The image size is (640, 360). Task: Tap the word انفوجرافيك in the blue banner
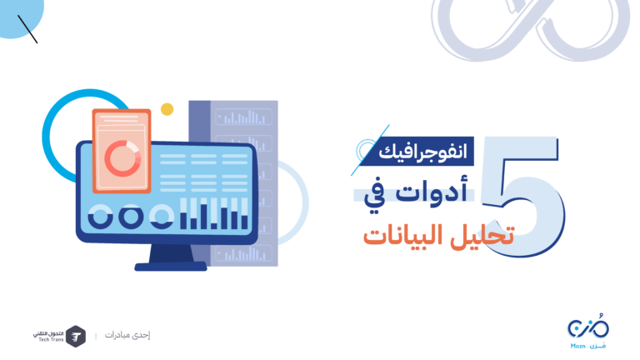(422, 152)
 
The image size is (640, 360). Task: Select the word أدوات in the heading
(431, 190)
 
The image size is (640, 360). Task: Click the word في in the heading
(375, 196)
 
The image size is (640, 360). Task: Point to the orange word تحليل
(482, 235)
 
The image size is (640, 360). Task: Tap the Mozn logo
(587, 332)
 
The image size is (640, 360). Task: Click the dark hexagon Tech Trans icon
(76, 337)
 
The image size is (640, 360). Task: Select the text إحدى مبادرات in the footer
(127, 335)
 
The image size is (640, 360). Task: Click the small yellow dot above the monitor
(167, 109)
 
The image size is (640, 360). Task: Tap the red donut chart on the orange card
(122, 158)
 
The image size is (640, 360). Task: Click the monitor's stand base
(171, 267)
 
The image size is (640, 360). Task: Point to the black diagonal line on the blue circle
(27, 29)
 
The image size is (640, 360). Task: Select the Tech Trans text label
(48, 337)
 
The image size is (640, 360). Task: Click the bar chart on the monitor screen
(214, 213)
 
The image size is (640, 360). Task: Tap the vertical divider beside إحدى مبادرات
(96, 336)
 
